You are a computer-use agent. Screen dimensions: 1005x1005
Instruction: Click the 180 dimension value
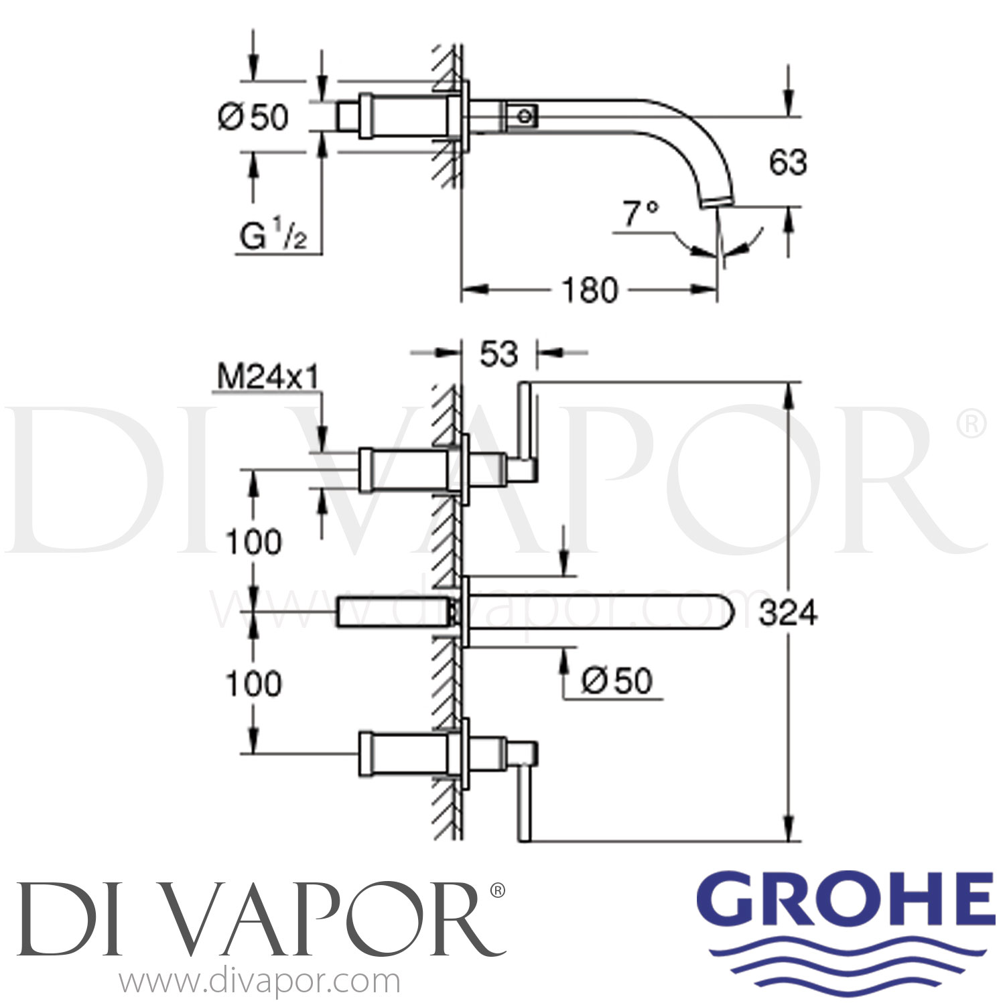pos(590,290)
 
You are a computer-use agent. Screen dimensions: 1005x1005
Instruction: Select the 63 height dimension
pos(788,163)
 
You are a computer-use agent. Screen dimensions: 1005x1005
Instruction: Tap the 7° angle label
pos(641,214)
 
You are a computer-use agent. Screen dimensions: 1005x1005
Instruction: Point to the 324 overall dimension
pos(788,612)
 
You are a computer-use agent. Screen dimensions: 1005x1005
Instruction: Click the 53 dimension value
pos(499,353)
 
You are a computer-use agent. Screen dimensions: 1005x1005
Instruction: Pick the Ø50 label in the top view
pos(253,117)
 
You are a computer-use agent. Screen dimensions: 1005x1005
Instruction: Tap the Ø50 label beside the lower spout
pos(616,681)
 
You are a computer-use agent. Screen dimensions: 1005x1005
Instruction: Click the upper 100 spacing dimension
pos(253,541)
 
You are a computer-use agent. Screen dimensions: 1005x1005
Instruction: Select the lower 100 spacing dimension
pos(253,683)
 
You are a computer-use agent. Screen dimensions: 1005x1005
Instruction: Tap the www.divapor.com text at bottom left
pos(260,983)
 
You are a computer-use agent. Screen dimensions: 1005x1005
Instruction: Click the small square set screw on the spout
pos(525,116)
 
